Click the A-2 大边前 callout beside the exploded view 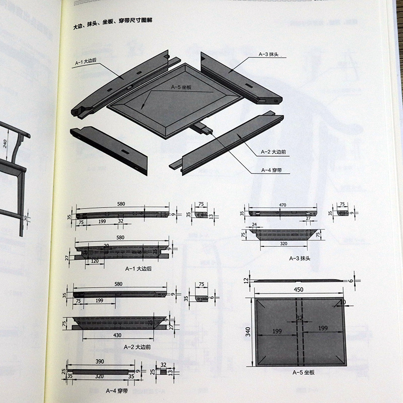(272, 151)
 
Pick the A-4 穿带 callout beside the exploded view (270, 170)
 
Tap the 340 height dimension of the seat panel (246, 333)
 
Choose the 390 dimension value (101, 362)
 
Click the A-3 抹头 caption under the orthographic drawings (297, 258)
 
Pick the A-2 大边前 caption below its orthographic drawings (137, 347)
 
